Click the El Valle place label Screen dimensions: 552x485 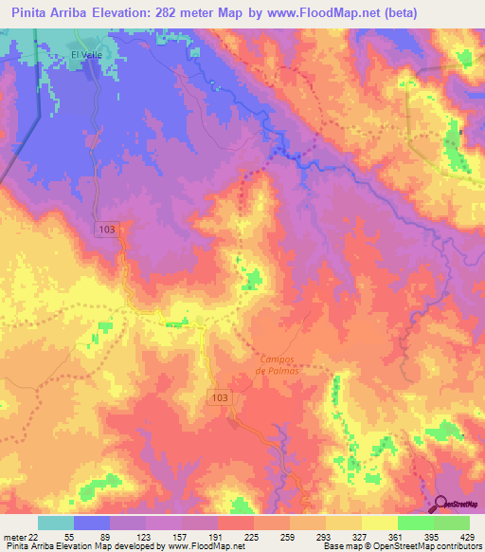pos(85,54)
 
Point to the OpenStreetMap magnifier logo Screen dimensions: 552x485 pos(442,505)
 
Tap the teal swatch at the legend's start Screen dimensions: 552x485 pos(56,523)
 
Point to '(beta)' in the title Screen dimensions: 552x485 pos(396,11)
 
